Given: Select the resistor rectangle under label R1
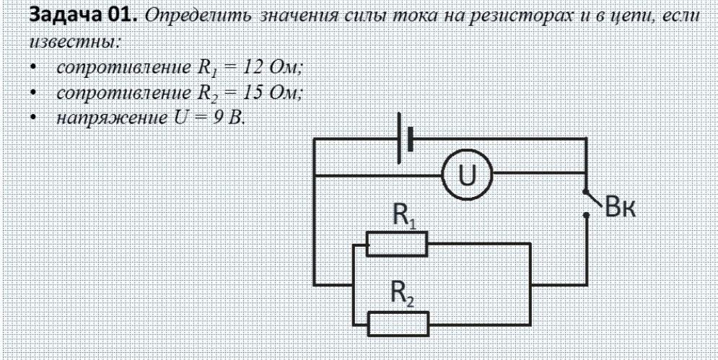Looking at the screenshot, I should point(398,244).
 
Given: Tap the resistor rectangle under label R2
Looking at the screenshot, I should point(398,320).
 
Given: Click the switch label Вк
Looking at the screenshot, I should point(620,206).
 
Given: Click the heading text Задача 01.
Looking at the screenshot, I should point(71,17).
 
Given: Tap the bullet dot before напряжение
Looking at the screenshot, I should point(35,118).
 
